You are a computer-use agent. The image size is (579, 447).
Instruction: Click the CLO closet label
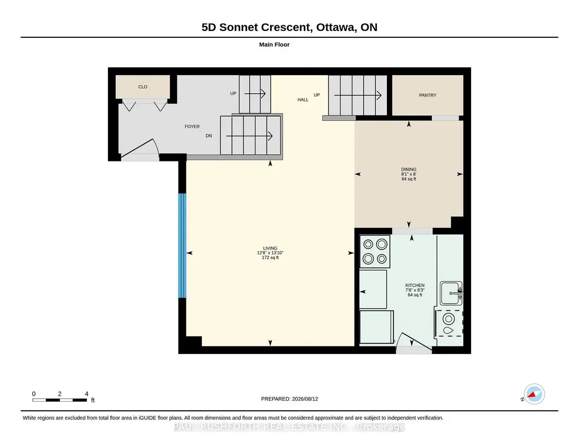tap(142, 87)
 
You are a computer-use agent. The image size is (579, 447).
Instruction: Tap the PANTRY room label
tap(428, 95)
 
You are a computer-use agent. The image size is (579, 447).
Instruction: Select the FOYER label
tap(192, 126)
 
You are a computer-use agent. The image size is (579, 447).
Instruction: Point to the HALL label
tap(303, 99)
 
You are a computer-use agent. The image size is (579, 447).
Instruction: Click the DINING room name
tap(409, 170)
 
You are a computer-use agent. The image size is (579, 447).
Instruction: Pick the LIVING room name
tap(271, 248)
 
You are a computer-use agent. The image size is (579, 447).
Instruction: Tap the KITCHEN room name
tap(415, 286)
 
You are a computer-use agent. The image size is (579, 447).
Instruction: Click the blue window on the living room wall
tap(182, 246)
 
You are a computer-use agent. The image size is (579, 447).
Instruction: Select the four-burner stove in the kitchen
tap(375, 251)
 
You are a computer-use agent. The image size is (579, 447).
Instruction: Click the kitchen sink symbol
tap(451, 293)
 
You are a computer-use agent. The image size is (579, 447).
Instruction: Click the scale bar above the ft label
tap(60, 400)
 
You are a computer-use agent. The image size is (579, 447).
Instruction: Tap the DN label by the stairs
tap(208, 135)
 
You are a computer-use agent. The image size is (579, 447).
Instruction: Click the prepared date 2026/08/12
tap(305, 399)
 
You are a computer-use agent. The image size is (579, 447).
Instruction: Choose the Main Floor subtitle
tap(275, 45)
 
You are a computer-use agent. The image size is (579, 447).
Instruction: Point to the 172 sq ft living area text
tap(271, 258)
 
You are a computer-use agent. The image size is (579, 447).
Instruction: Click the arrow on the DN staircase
tap(249, 136)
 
